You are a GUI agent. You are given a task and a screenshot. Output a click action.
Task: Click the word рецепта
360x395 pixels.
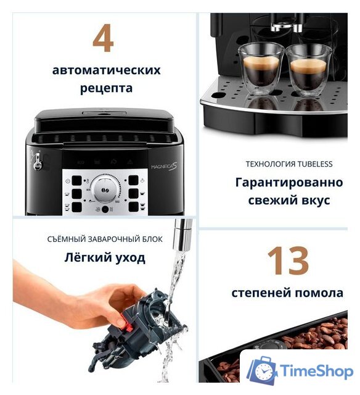(x=106, y=88)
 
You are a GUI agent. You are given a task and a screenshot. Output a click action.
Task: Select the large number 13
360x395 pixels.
(x=287, y=260)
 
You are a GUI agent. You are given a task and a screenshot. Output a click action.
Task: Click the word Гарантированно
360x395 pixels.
(x=288, y=183)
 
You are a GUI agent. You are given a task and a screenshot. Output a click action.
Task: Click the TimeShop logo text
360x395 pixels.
(x=316, y=370)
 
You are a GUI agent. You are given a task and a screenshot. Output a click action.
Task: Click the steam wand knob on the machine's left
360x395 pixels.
(x=37, y=162)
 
